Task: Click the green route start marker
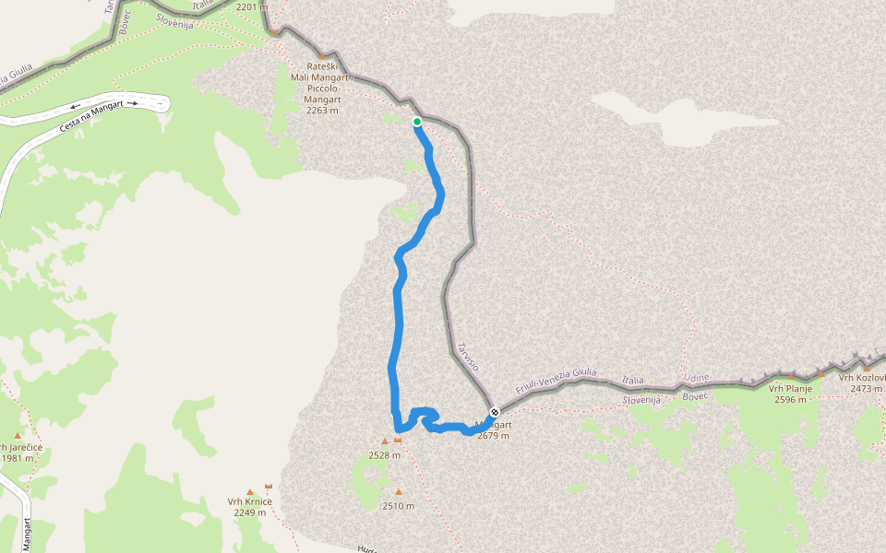(x=417, y=122)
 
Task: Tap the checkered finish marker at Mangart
(x=496, y=412)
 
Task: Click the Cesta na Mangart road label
(x=89, y=113)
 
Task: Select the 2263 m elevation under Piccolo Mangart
(x=321, y=111)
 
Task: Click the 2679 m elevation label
(x=493, y=436)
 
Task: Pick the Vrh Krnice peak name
(x=250, y=501)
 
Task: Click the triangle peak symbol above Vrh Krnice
(x=249, y=492)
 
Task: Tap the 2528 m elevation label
(x=384, y=455)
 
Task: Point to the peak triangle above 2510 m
(x=399, y=492)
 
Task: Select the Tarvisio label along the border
(x=468, y=357)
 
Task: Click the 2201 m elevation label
(x=251, y=6)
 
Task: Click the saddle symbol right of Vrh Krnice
(x=269, y=486)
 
